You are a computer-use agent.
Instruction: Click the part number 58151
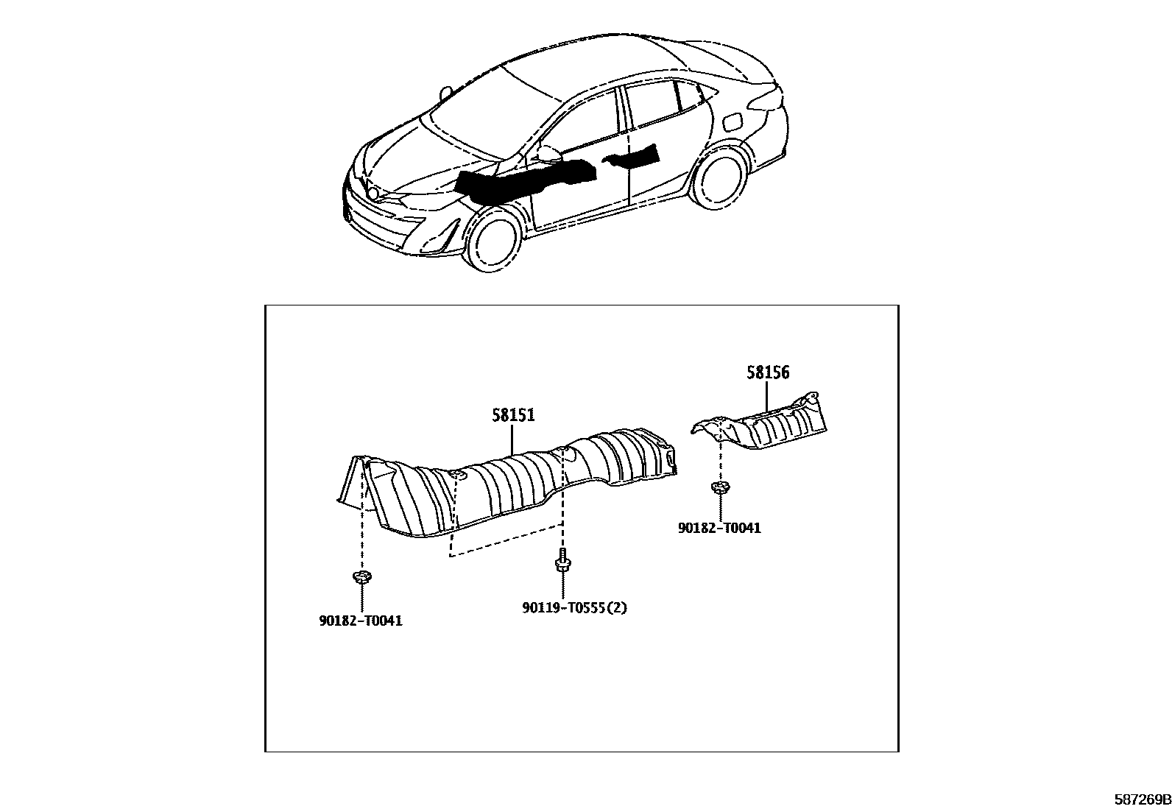point(513,416)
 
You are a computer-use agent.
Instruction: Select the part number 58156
point(768,372)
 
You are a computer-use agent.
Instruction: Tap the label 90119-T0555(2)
point(575,608)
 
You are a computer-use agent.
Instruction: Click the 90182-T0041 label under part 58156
point(719,528)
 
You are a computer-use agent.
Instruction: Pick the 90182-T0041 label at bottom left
point(361,621)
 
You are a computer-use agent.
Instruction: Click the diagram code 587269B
point(1141,799)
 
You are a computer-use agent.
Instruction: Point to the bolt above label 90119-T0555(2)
point(562,562)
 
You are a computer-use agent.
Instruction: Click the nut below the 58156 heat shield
point(719,487)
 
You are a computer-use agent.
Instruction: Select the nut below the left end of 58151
point(361,576)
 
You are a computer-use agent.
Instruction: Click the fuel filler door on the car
point(734,121)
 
